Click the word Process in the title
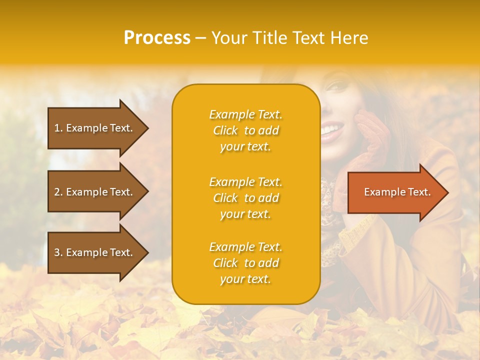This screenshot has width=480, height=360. (x=157, y=38)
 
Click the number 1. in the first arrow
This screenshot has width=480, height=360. (x=58, y=128)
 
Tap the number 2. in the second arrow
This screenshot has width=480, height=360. (x=58, y=192)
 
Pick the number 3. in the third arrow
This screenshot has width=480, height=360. (x=58, y=252)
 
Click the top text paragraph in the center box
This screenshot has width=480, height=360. (x=245, y=130)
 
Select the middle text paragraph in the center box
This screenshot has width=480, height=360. (x=245, y=198)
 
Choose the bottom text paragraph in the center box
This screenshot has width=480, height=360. (x=245, y=263)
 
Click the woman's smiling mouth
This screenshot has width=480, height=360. (x=330, y=131)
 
